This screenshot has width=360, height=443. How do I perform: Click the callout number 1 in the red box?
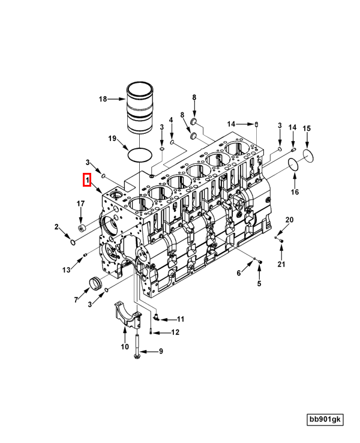click(x=87, y=179)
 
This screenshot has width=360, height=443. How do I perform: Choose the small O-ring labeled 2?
click(x=73, y=243)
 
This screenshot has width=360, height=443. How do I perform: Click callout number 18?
click(x=103, y=99)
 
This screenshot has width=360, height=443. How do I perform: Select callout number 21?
click(x=281, y=264)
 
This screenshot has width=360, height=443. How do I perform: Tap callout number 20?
click(x=289, y=220)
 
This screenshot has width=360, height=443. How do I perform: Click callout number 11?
click(x=180, y=319)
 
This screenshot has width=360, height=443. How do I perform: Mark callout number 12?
click(x=175, y=332)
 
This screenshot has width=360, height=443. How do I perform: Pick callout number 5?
click(x=259, y=283)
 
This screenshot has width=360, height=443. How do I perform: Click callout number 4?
click(x=171, y=120)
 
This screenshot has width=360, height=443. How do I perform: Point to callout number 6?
click(x=238, y=273)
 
